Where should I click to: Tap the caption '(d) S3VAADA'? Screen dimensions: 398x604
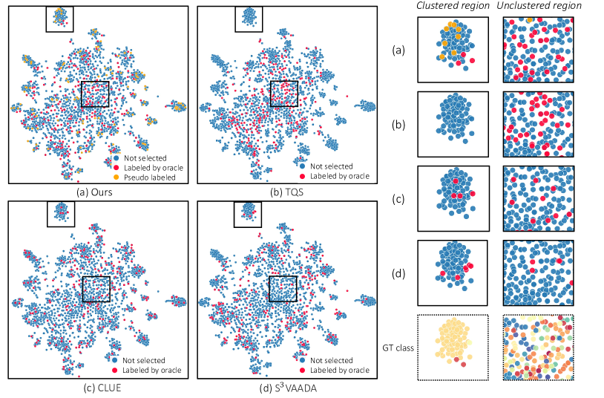[284, 387]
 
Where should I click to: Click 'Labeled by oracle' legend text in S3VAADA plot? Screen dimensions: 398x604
[338, 370]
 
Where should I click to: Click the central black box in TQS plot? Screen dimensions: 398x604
[283, 94]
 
